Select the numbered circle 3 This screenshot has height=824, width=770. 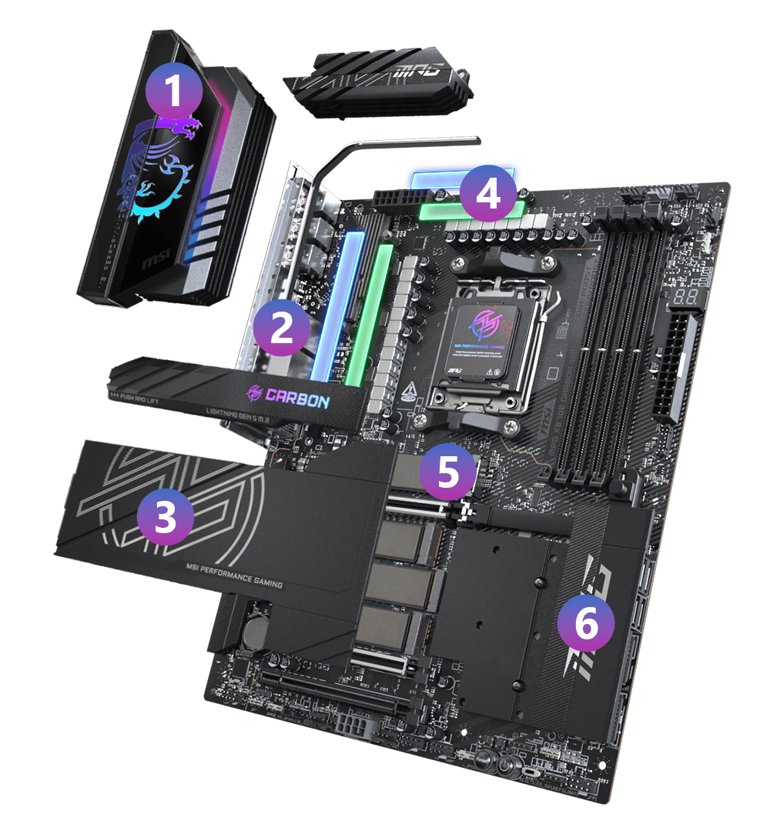click(x=165, y=518)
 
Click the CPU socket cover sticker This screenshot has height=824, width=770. click(x=483, y=335)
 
